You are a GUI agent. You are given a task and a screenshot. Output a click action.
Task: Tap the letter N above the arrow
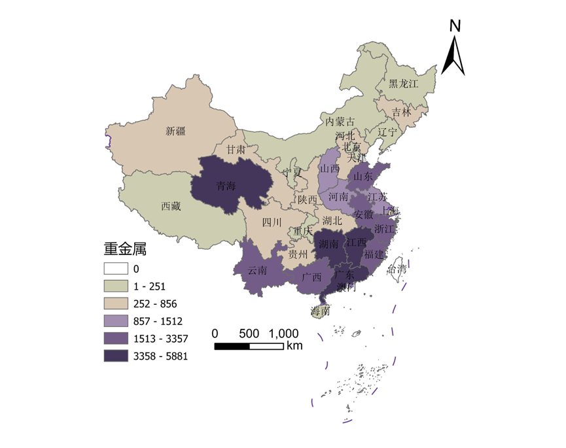[455, 26]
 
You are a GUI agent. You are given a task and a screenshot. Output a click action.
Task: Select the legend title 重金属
[124, 249]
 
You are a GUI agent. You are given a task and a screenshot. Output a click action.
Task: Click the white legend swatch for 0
[115, 268]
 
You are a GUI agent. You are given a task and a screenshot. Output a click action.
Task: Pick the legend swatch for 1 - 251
[115, 286]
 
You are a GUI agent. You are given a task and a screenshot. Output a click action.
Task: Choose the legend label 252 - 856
[155, 303]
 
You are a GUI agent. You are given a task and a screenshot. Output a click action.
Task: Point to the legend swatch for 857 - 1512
[115, 321]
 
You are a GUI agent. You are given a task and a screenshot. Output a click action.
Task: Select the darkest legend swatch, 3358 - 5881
[115, 356]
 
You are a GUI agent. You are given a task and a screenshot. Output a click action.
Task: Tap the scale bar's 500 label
[249, 332]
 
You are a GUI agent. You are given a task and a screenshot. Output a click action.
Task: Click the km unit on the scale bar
[294, 345]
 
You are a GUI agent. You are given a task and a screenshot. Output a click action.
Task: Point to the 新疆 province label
[175, 131]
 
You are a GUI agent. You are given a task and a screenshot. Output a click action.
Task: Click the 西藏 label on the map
[171, 206]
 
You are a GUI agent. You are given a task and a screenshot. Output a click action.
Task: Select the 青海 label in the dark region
[226, 185]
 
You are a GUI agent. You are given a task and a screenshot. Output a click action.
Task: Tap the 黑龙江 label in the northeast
[403, 84]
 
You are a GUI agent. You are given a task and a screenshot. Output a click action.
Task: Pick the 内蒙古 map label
[340, 122]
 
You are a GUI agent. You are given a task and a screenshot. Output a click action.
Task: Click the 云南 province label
[258, 269]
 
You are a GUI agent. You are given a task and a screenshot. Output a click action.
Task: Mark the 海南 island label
[321, 311]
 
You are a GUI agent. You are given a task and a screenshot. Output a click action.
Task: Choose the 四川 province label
[272, 222]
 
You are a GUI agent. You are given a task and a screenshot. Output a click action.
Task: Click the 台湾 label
[397, 268]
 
